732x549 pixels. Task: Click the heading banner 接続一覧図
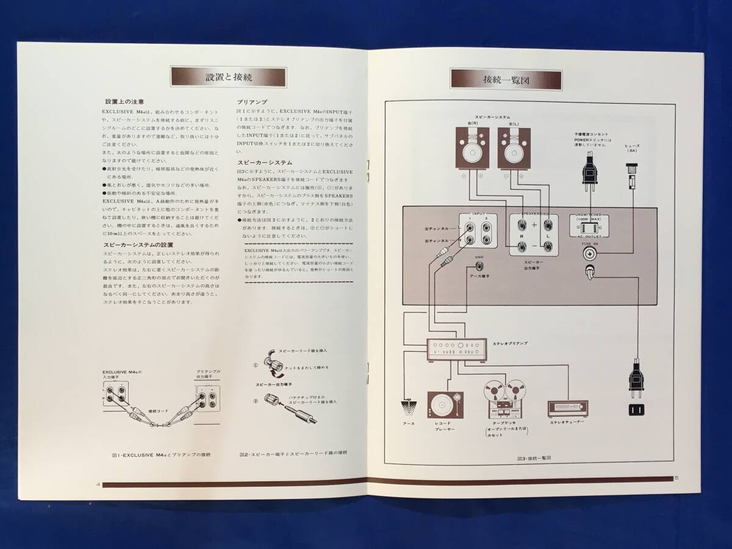click(x=506, y=80)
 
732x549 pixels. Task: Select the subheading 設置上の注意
click(x=124, y=102)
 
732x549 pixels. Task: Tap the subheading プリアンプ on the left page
click(x=251, y=102)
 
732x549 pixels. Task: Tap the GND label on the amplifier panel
click(x=479, y=258)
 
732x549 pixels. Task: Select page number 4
click(x=98, y=484)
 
